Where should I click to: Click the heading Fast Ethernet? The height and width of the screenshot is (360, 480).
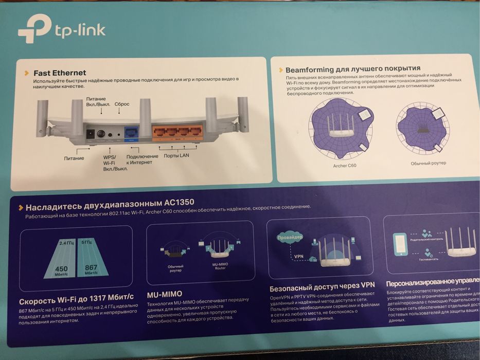[x=60, y=73]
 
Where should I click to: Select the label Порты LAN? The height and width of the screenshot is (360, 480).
[x=176, y=155]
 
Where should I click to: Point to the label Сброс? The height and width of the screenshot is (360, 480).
[x=122, y=104]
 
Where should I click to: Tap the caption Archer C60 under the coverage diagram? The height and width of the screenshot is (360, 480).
[x=344, y=166]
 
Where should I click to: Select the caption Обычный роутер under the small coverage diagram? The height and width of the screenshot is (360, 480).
[x=428, y=163]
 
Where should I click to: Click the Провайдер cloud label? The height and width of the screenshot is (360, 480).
[x=290, y=238]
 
